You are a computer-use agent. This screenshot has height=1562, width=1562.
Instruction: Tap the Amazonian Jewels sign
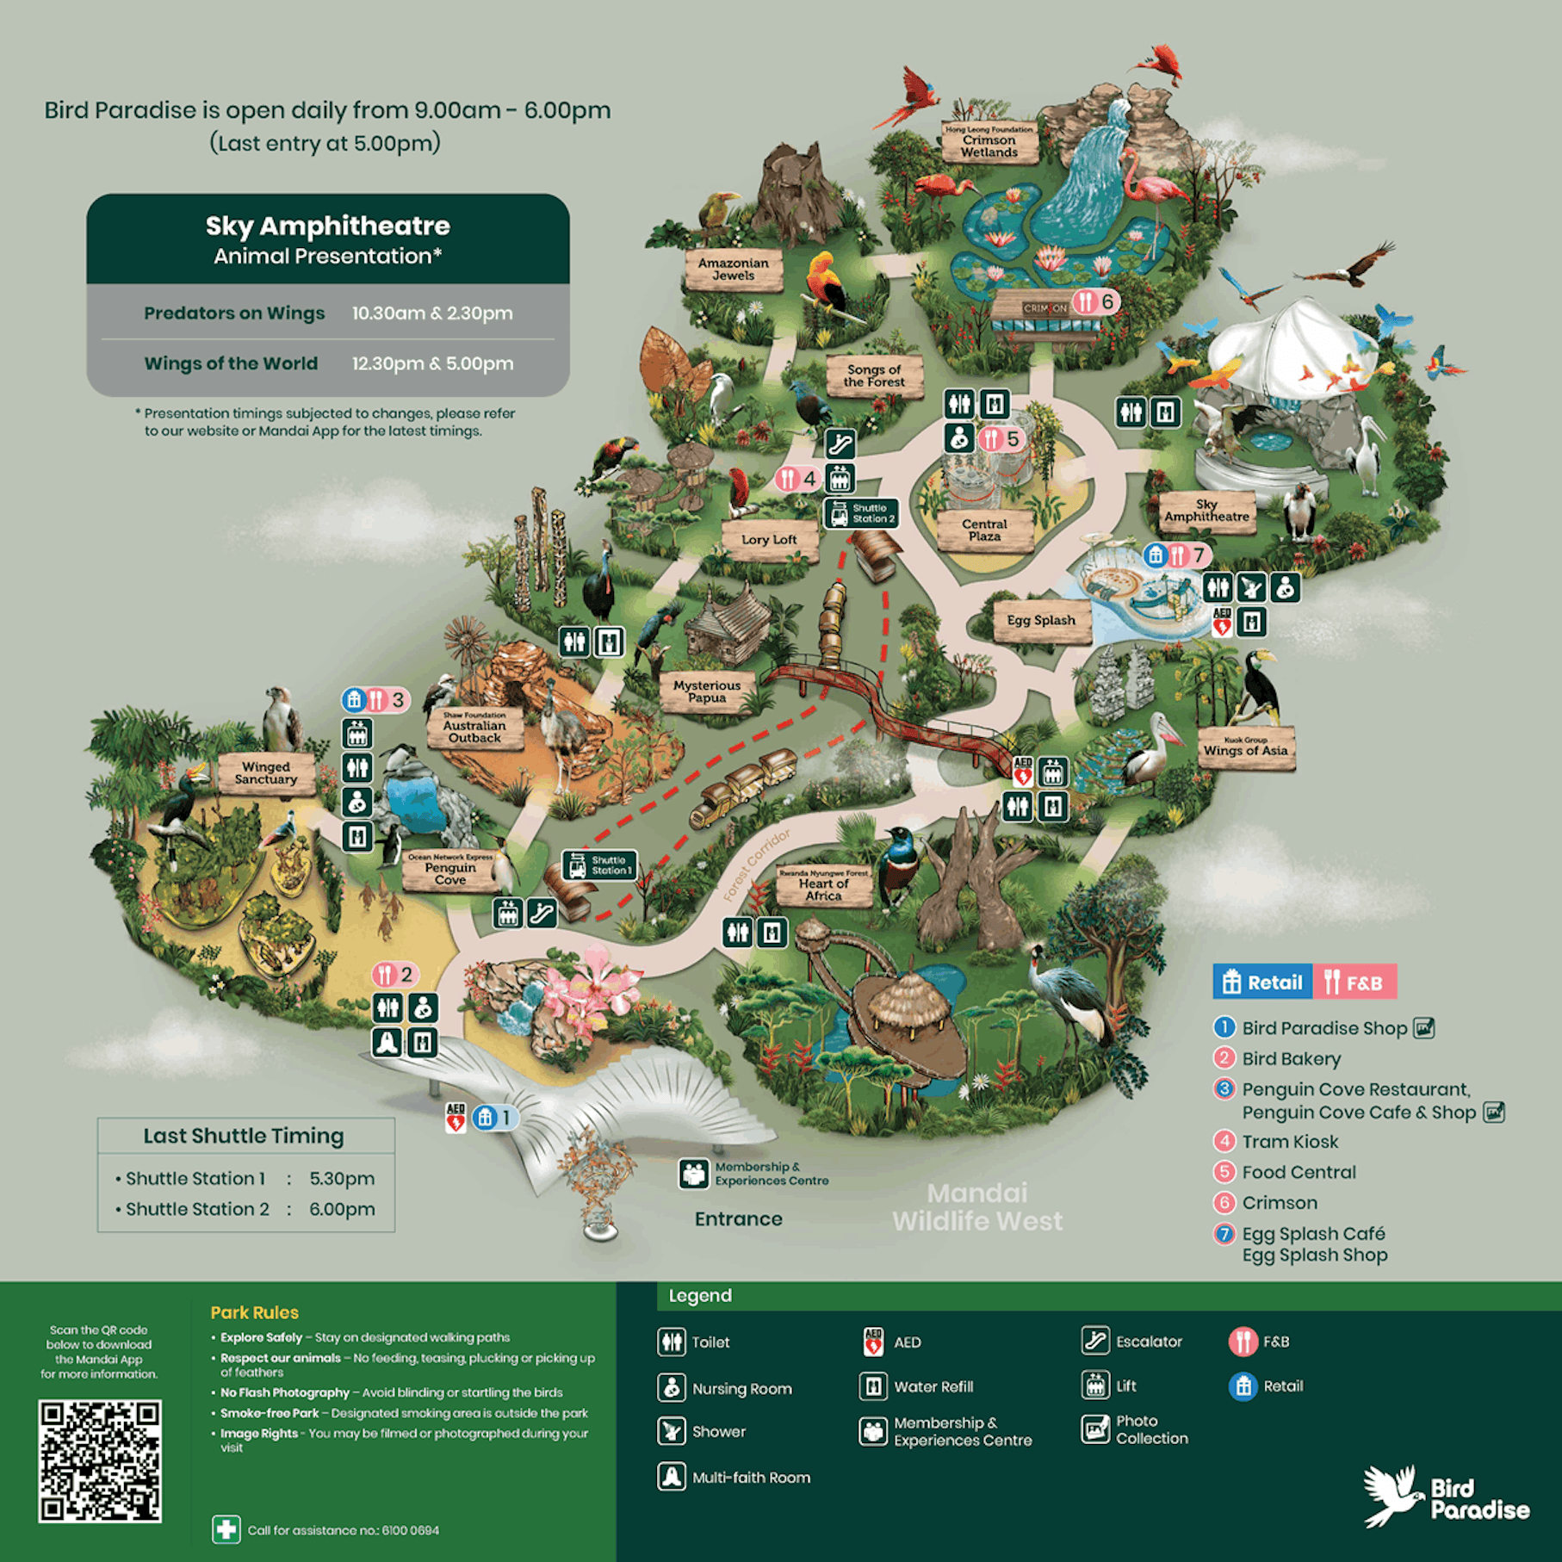pos(733,270)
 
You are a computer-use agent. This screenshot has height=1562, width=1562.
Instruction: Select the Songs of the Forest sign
pos(873,375)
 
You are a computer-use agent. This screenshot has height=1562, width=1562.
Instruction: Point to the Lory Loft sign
pos(769,540)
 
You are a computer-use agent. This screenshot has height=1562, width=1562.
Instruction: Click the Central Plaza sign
pos(984,530)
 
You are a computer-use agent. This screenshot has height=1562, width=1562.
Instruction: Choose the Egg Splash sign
pos(1040,621)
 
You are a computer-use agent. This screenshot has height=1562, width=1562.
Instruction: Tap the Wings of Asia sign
pos(1245,747)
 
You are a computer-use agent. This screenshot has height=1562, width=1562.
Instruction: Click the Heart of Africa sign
pos(823,887)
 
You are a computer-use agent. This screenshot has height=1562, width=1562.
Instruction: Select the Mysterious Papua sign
pos(706,691)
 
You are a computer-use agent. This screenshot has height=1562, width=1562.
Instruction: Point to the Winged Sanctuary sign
pos(265,772)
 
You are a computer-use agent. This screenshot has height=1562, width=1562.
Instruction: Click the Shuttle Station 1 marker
pos(599,865)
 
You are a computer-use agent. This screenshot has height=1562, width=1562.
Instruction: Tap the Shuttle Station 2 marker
pos(860,514)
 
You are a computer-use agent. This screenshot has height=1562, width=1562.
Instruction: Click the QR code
pos(99,1460)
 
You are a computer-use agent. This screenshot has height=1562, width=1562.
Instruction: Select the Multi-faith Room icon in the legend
pos(672,1476)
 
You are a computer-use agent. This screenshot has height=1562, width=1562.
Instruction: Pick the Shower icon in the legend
pos(672,1430)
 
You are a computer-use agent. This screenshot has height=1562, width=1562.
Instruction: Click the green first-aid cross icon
pos(226,1529)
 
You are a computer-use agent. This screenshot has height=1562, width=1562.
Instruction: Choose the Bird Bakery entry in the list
pos(1290,1058)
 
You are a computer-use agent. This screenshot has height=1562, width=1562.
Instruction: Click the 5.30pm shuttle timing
pos(342,1178)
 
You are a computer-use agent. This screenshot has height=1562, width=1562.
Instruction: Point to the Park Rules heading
pos(254,1312)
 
